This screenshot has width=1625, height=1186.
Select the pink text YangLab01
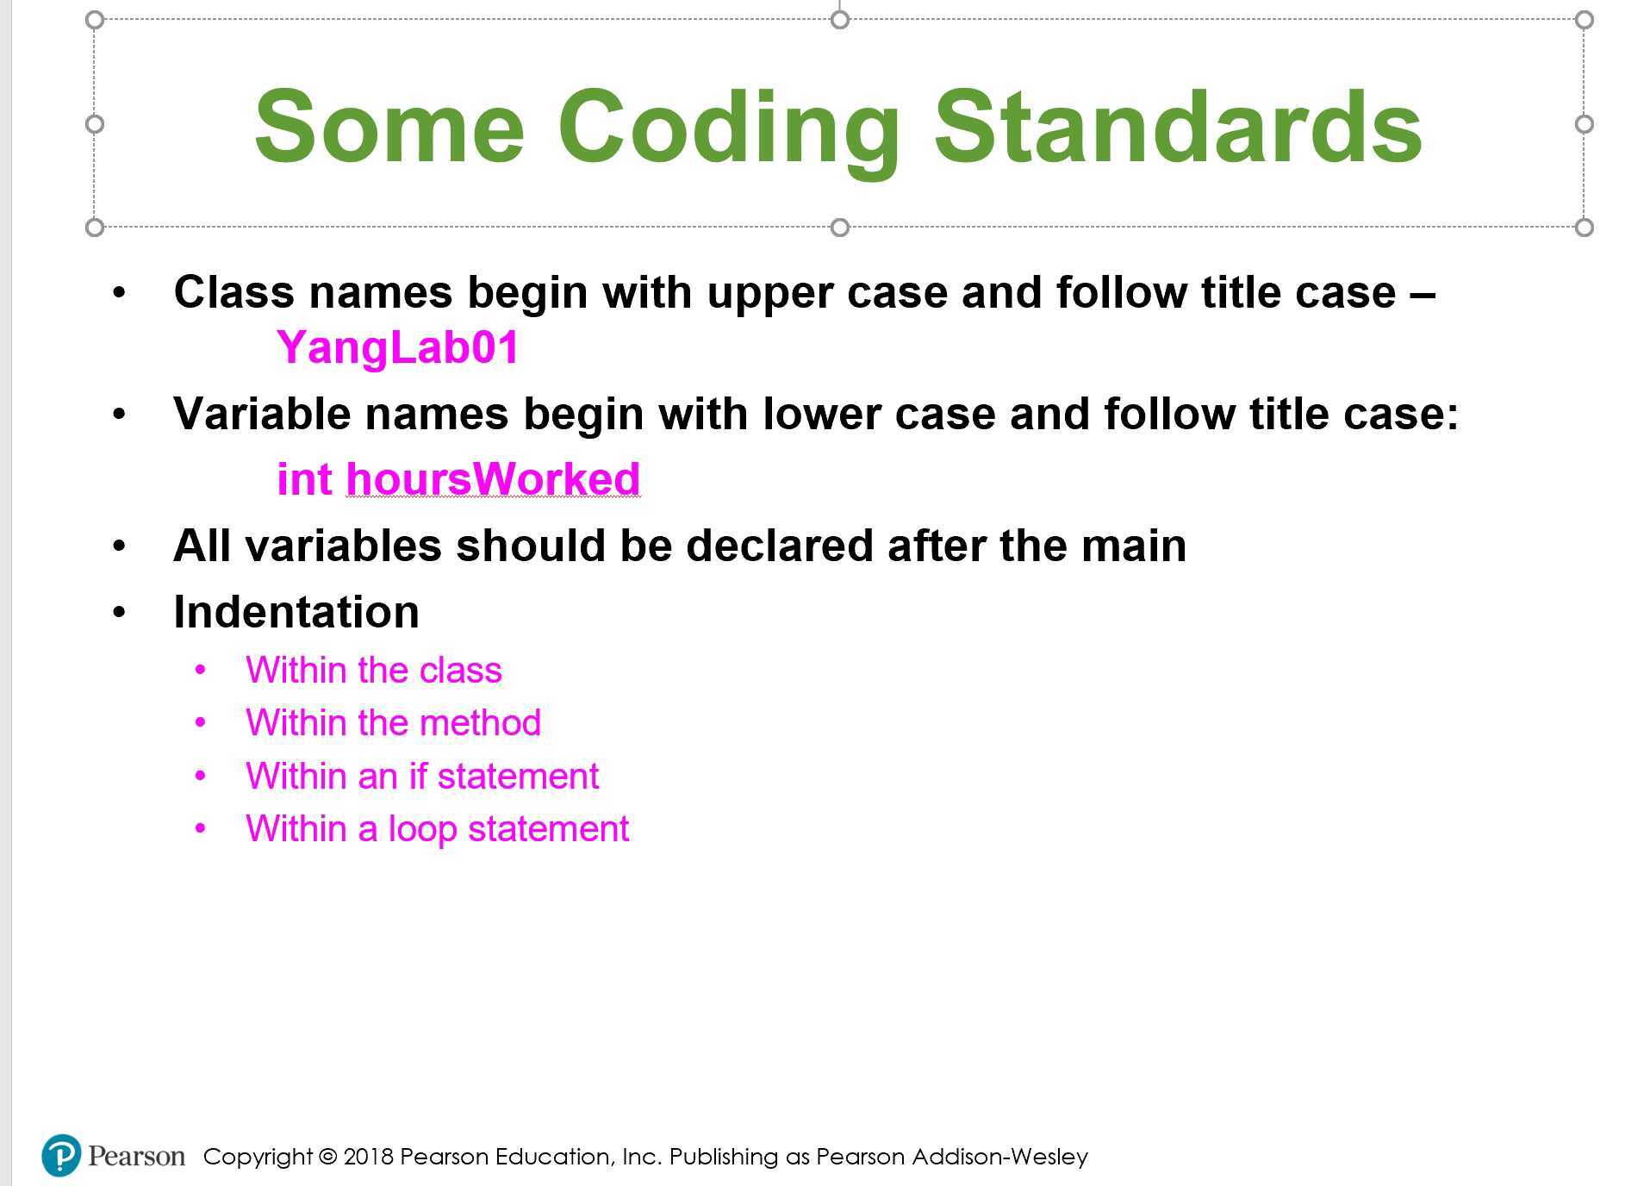point(397,347)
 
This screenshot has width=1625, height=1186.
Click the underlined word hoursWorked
point(493,478)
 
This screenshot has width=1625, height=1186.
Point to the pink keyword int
point(303,478)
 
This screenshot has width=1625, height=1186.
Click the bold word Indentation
point(296,612)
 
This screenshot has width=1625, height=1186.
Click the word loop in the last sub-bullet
point(422,829)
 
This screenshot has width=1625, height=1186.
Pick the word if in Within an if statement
point(418,777)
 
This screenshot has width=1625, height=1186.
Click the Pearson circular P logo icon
point(61,1155)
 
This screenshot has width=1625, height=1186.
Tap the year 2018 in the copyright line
point(368,1157)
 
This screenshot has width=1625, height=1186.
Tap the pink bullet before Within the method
point(201,723)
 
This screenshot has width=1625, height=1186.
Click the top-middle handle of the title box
point(839,19)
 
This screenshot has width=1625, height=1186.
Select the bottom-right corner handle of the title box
point(1584,228)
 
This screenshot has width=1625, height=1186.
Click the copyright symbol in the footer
point(327,1157)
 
